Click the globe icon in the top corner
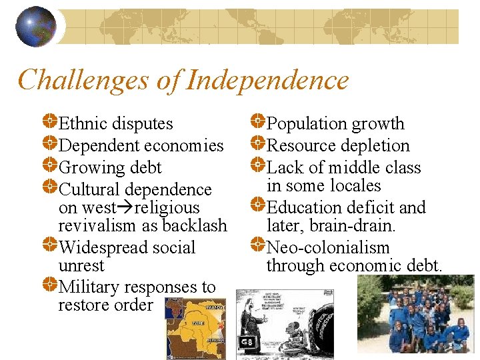click(x=36, y=26)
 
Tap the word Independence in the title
click(x=268, y=81)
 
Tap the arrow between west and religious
click(x=125, y=208)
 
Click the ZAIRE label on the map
click(x=198, y=322)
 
